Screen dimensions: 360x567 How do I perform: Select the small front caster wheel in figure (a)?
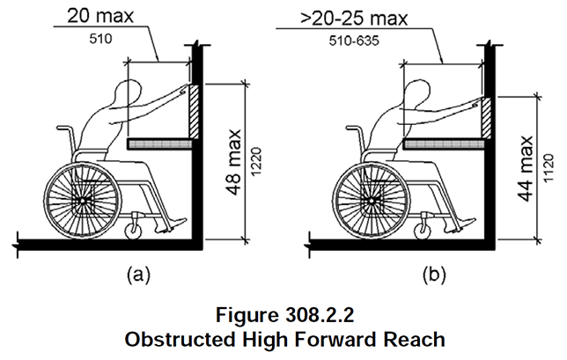tap(136, 231)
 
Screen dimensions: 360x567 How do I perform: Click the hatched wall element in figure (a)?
tap(195, 110)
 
